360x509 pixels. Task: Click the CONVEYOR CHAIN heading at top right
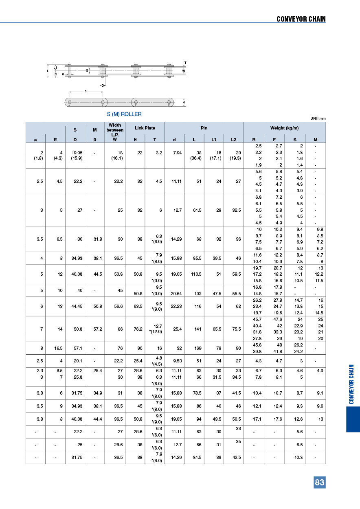tap(301, 19)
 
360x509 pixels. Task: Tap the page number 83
tap(320, 483)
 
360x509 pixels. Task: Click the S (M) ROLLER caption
tap(124, 114)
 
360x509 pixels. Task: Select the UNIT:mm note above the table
tap(318, 118)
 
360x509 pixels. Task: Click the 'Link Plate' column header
tap(145, 128)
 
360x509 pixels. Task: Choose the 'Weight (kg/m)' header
tap(284, 128)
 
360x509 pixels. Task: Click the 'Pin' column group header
tap(204, 128)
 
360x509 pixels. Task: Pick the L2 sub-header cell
tap(233, 140)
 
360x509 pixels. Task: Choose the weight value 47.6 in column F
tap(277, 319)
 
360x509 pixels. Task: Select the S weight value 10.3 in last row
tap(299, 457)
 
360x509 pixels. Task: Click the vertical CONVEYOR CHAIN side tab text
tap(352, 384)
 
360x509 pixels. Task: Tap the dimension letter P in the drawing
tap(86, 92)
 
